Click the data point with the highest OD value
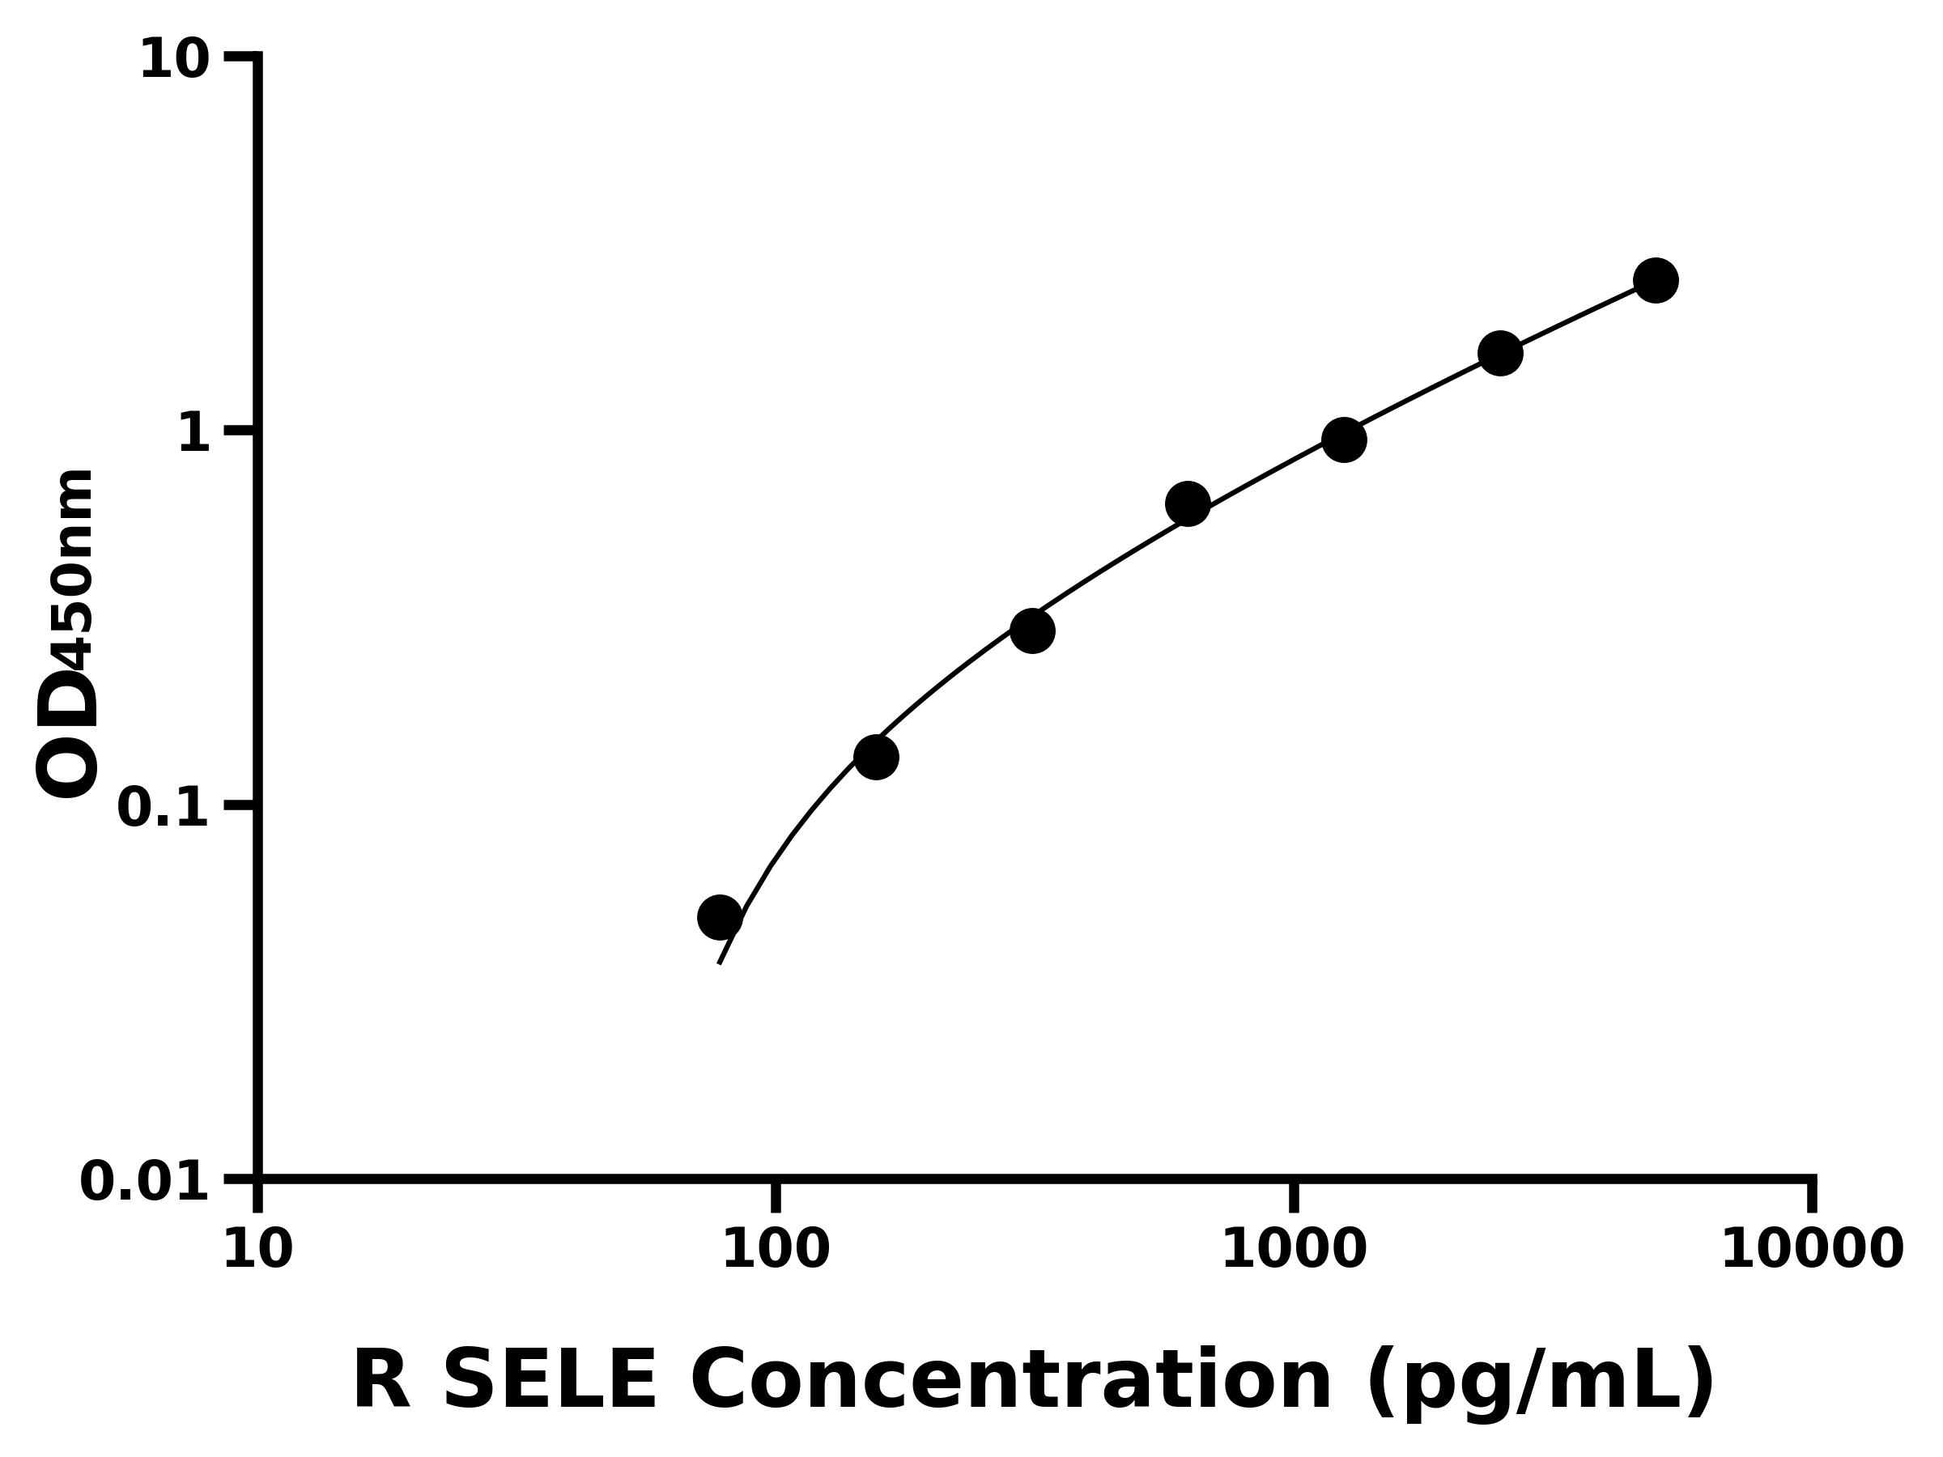(1656, 280)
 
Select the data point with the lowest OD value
(720, 918)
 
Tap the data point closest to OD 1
(1344, 439)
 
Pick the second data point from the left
(876, 757)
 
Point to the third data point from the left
(1032, 631)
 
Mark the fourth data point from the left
(1188, 504)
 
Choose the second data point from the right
(1500, 353)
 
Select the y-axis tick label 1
(194, 434)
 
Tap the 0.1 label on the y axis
(164, 808)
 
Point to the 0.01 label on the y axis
(145, 1182)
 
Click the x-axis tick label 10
(257, 1250)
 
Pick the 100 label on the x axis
(775, 1250)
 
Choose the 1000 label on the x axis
(1294, 1250)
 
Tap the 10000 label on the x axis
(1811, 1250)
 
